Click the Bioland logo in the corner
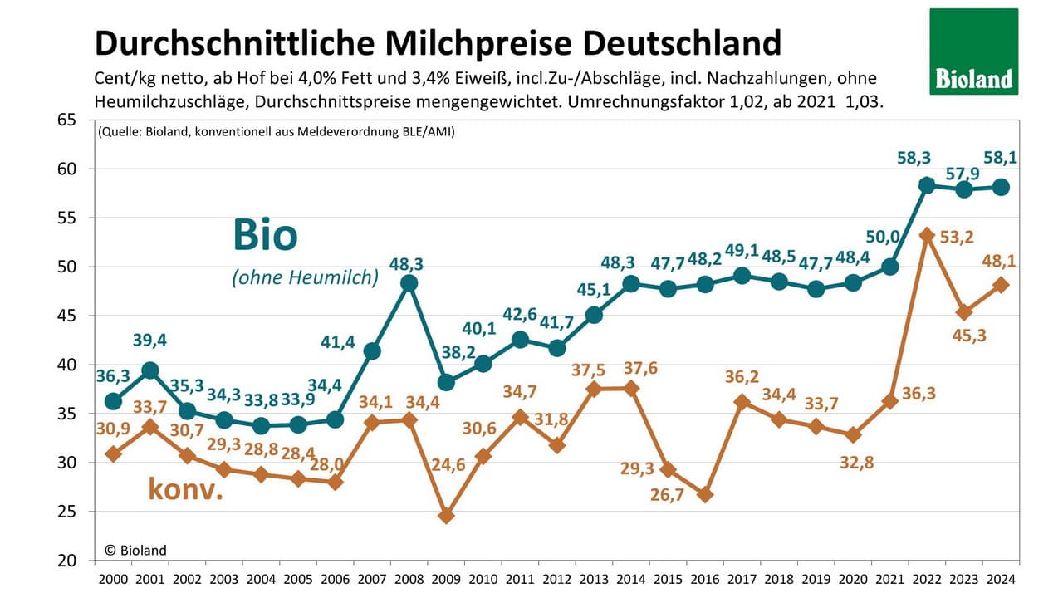[973, 51]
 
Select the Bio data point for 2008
[409, 282]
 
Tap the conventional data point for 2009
[446, 515]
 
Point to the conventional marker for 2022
[927, 235]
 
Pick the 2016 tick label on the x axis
[704, 579]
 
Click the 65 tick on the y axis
[66, 120]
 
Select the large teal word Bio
[264, 235]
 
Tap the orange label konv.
[186, 489]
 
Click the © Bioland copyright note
[136, 550]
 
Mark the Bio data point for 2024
[1001, 187]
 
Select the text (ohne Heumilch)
[305, 278]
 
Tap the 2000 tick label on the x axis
[114, 579]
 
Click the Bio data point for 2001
[150, 370]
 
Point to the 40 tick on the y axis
[66, 365]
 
